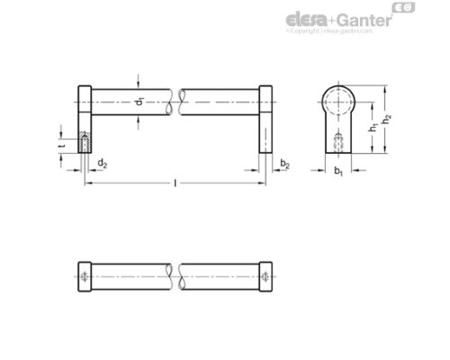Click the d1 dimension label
[x=139, y=103]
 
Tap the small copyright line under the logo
[x=328, y=31]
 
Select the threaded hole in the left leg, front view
[x=85, y=142]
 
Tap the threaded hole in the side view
[x=340, y=140]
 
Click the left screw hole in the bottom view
[x=85, y=276]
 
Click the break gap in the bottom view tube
[x=177, y=276]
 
